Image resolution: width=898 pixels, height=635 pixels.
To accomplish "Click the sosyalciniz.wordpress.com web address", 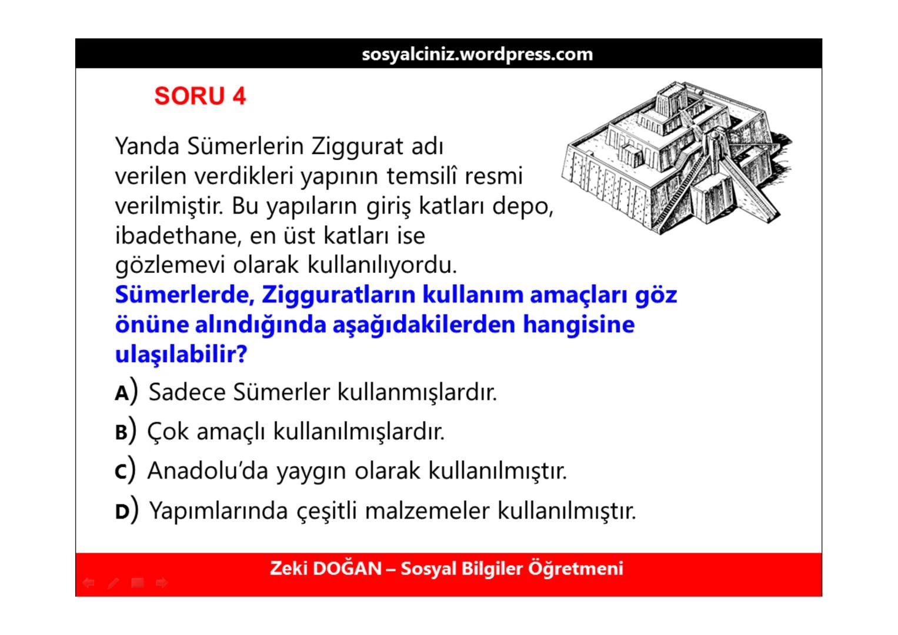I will tap(477, 54).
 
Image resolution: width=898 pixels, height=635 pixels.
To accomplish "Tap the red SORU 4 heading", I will tap(200, 96).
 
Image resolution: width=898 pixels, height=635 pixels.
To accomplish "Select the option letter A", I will tap(122, 393).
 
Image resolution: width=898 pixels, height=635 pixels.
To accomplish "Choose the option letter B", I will tap(121, 432).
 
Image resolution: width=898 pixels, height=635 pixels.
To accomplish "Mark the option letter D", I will tap(122, 512).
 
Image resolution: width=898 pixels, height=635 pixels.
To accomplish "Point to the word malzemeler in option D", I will tap(427, 510).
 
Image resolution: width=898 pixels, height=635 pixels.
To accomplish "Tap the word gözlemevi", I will tap(171, 265).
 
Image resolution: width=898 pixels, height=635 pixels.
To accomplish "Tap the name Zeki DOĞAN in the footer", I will tap(326, 569).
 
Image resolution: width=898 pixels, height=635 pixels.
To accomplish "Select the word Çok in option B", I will tap(168, 432).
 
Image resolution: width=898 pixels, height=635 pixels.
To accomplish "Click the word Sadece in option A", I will tap(187, 392).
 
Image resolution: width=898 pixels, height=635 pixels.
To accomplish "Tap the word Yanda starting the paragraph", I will tap(147, 146).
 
